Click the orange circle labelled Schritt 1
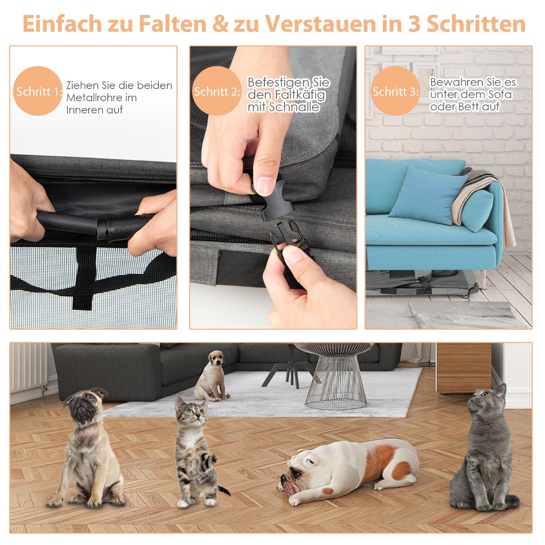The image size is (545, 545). (x=38, y=91)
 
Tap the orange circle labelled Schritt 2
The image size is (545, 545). (x=217, y=91)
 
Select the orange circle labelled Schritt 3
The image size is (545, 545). (x=395, y=91)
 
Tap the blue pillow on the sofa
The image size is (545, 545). (x=428, y=196)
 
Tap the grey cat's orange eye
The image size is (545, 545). (x=485, y=394)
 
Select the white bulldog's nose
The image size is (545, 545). (x=283, y=477)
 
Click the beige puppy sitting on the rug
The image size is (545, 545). (x=211, y=376)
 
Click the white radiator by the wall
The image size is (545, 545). (x=29, y=368)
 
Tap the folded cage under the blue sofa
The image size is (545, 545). (x=421, y=283)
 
